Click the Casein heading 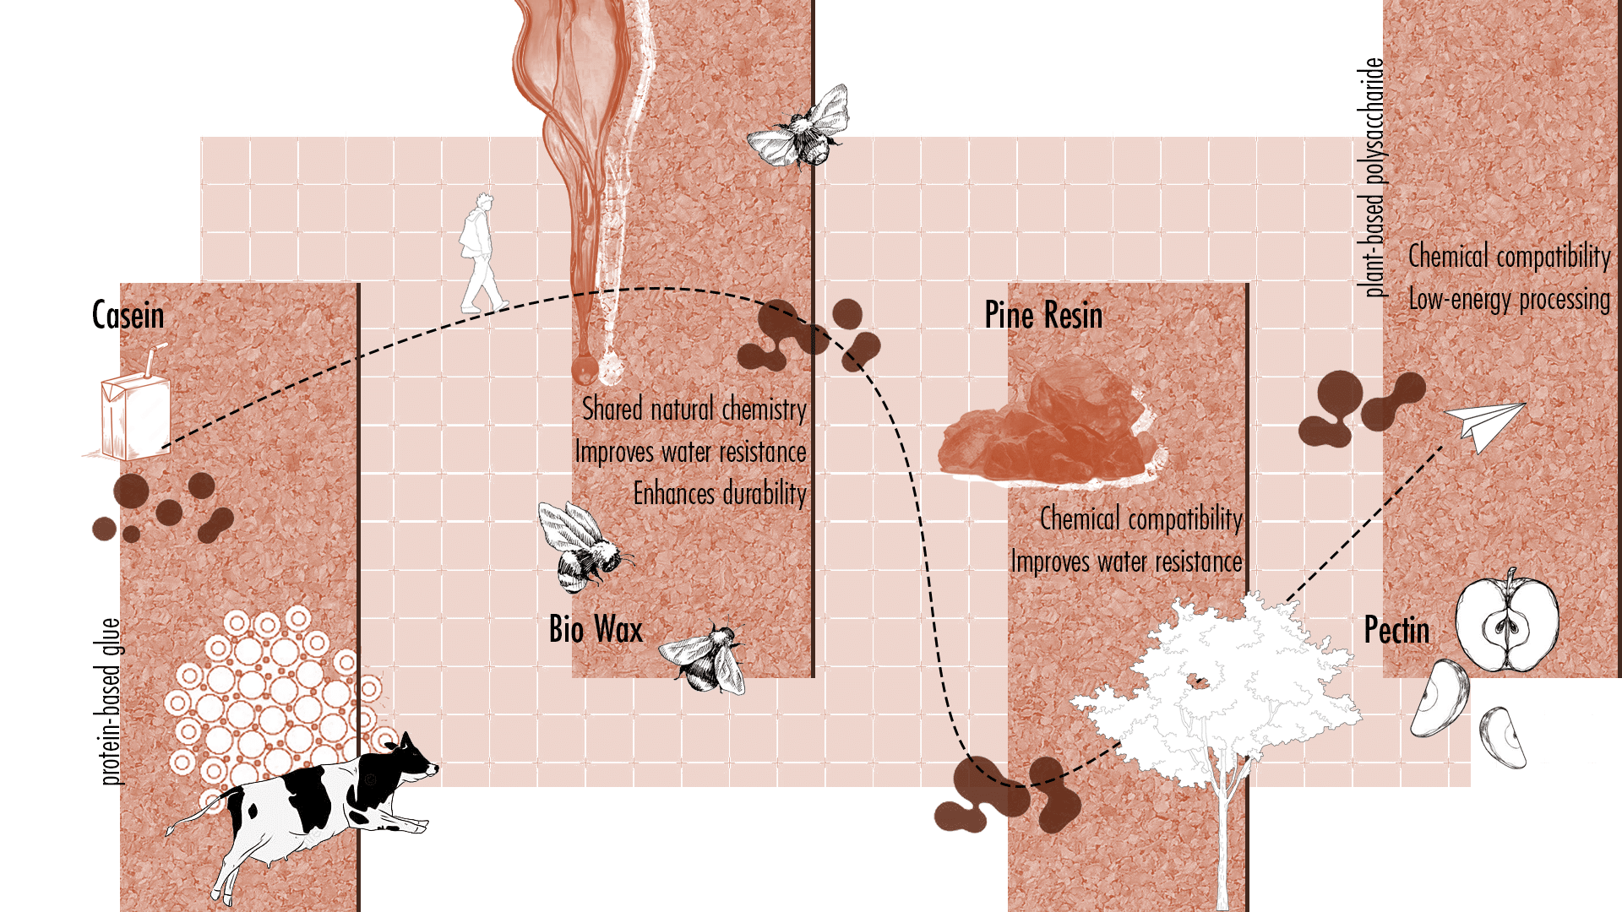tap(128, 315)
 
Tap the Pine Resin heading tap(1043, 315)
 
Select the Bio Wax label tap(596, 629)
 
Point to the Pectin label tap(1396, 630)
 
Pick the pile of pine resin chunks tap(1048, 431)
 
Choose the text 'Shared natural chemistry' tap(694, 410)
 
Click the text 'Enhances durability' tap(720, 493)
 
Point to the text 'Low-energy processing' tap(1510, 299)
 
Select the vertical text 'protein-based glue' tap(111, 701)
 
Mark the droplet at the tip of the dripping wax tap(584, 369)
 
